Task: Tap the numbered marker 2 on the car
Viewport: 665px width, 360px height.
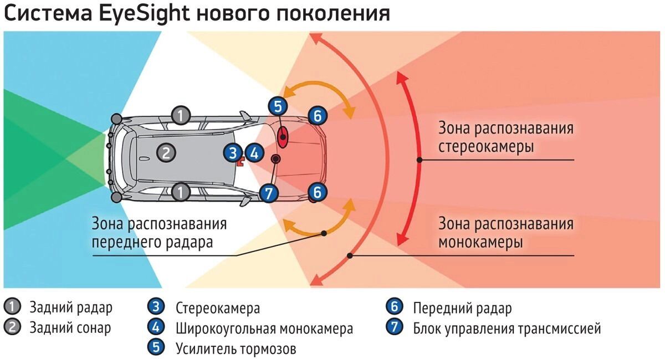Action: coord(165,152)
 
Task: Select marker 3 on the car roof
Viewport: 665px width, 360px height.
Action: coord(233,153)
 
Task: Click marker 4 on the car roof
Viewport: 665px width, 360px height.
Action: coord(253,153)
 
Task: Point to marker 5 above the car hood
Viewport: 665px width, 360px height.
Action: coord(278,106)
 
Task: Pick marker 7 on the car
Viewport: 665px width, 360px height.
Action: coord(268,193)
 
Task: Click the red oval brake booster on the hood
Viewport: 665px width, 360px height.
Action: coord(283,136)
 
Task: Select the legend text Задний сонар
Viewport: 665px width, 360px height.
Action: coord(70,327)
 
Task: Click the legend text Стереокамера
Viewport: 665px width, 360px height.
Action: coord(217,308)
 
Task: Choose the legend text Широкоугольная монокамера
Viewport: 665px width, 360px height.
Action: coord(264,328)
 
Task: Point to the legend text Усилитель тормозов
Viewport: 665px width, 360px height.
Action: coord(236,349)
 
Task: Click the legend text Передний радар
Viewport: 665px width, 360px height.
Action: coord(462,308)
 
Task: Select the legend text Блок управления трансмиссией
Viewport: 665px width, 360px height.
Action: coord(507,328)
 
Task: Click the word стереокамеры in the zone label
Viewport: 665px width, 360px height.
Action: coord(486,148)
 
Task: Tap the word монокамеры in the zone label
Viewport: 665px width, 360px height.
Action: coord(480,243)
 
